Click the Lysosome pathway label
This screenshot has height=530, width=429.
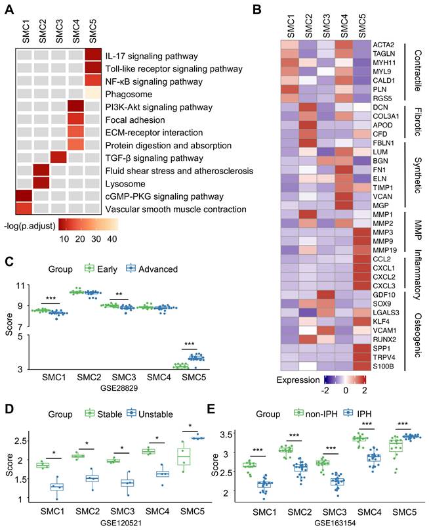126,183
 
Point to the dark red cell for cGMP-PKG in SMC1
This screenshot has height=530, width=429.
24,196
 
